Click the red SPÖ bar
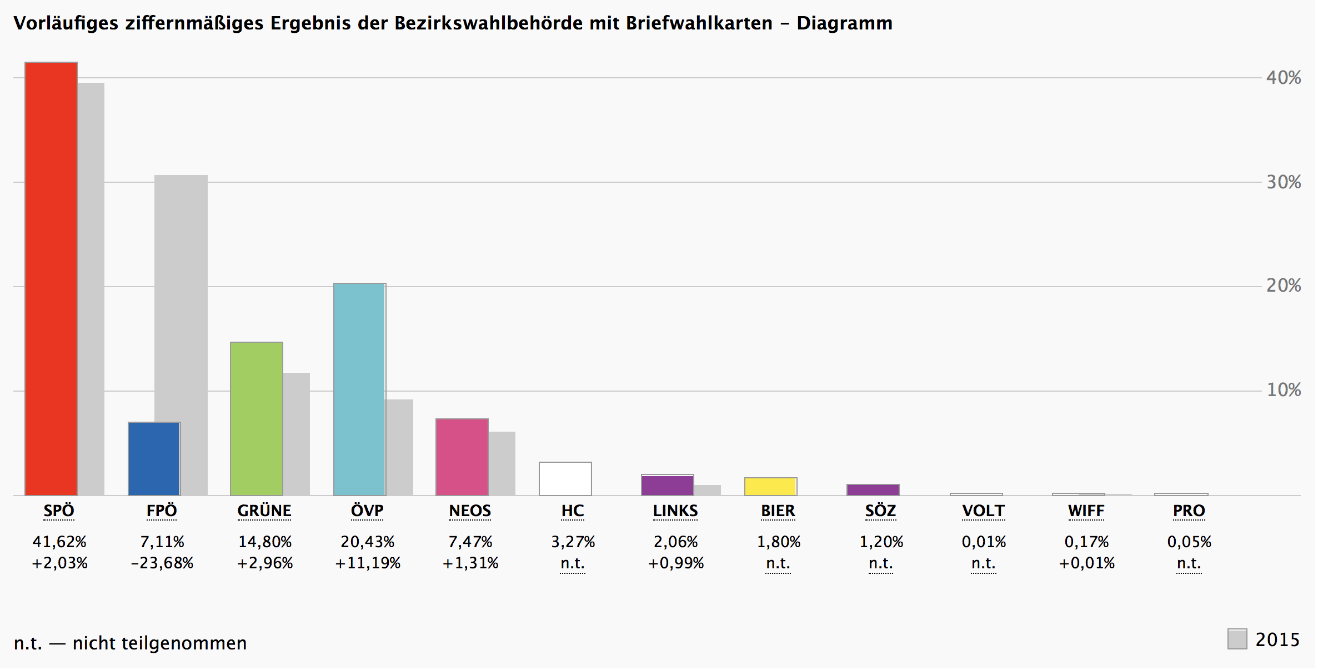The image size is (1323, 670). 51,279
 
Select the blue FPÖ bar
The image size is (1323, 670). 154,459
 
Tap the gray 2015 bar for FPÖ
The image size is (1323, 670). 181,335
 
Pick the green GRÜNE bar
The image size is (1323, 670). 257,419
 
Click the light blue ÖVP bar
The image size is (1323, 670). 359,389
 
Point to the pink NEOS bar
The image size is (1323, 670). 462,457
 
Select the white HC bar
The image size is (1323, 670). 565,479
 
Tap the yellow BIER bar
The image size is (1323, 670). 771,487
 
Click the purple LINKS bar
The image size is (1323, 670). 668,485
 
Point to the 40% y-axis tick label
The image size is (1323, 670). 1284,78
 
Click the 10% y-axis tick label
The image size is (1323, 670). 1284,390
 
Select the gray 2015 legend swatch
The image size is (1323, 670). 1237,639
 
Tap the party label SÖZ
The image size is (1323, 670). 881,511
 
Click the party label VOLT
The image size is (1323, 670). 984,511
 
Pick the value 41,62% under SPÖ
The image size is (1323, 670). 59,542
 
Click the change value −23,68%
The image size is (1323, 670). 162,563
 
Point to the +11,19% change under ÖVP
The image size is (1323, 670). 368,563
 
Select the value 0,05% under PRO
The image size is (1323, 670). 1189,542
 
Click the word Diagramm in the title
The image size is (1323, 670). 845,23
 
